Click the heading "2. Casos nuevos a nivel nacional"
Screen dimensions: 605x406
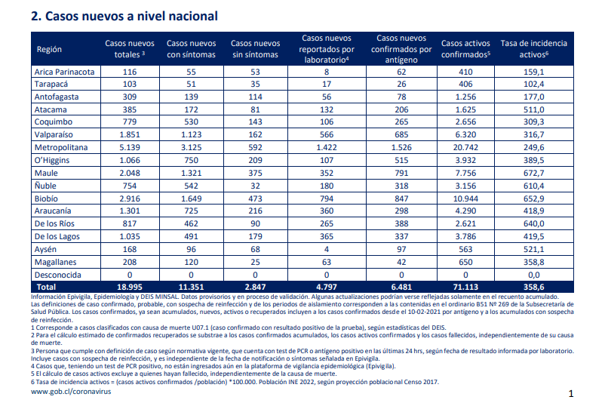coord(124,16)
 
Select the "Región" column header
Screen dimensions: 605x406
coord(49,49)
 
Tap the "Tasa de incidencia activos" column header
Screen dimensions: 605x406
coord(533,48)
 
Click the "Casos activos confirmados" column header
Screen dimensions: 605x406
coord(465,48)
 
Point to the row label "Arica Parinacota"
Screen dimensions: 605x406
coord(64,72)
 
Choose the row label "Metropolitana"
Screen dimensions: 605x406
coord(61,147)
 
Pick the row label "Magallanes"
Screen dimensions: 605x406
coord(56,262)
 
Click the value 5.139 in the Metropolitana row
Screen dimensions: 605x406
coord(130,147)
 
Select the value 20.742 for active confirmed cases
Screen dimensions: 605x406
coord(465,147)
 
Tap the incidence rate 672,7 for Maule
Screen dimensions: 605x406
coord(533,173)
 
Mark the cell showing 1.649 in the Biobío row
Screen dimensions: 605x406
coord(191,198)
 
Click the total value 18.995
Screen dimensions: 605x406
coord(130,287)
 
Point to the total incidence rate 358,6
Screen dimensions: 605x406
coord(533,287)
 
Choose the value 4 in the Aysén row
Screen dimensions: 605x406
coord(327,249)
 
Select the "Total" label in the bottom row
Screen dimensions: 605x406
coord(46,287)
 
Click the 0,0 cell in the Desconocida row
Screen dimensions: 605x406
coord(533,275)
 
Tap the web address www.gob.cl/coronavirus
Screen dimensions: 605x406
coord(71,392)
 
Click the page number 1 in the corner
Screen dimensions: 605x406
coord(571,394)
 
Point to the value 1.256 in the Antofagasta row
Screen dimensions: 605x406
coord(465,97)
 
